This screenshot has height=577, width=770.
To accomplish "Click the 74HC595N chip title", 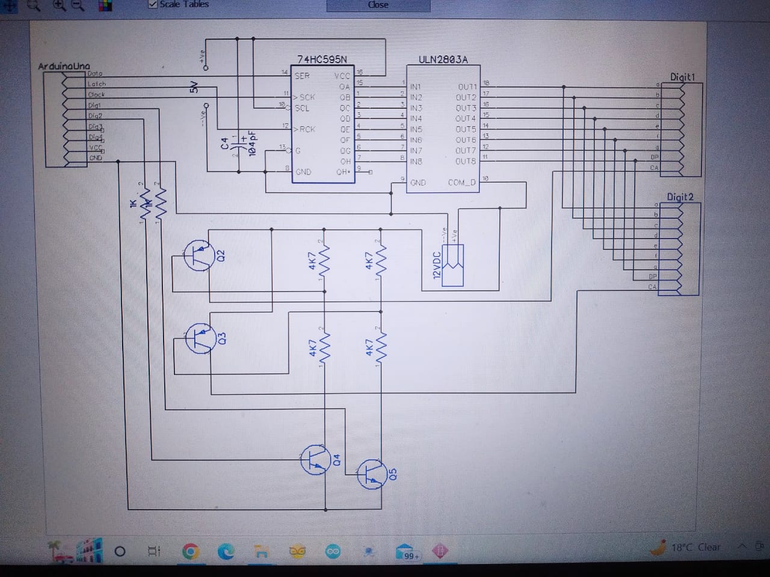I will pyautogui.click(x=322, y=60).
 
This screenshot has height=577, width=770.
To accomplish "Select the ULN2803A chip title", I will pyautogui.click(x=443, y=60).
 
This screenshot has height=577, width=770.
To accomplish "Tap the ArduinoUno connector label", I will pyautogui.click(x=64, y=66).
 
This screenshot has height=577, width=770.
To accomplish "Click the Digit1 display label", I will pyautogui.click(x=682, y=77).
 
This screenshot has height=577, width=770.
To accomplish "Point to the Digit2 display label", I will pyautogui.click(x=680, y=197).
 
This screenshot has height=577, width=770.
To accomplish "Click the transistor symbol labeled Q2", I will pyautogui.click(x=199, y=255).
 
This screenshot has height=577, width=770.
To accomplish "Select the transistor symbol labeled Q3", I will pyautogui.click(x=200, y=338).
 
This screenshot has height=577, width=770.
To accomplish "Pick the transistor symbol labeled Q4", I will pyautogui.click(x=315, y=460).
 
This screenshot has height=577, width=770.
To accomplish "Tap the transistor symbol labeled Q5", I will pyautogui.click(x=371, y=474).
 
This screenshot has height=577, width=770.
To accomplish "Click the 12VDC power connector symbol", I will pyautogui.click(x=453, y=265).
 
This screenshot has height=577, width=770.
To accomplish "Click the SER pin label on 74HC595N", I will pyautogui.click(x=302, y=76).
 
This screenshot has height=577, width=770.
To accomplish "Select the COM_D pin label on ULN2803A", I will pyautogui.click(x=461, y=182).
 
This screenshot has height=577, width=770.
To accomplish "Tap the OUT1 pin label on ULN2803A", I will pyautogui.click(x=467, y=87).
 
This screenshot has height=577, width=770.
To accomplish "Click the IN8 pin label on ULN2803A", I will pyautogui.click(x=416, y=161).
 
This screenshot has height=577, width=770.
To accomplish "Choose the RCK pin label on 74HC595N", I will pyautogui.click(x=307, y=129).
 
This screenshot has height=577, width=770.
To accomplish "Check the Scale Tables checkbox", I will pyautogui.click(x=153, y=4).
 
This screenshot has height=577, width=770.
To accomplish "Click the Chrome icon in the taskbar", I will pyautogui.click(x=190, y=551).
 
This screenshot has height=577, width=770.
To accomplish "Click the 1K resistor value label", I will pyautogui.click(x=133, y=204).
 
